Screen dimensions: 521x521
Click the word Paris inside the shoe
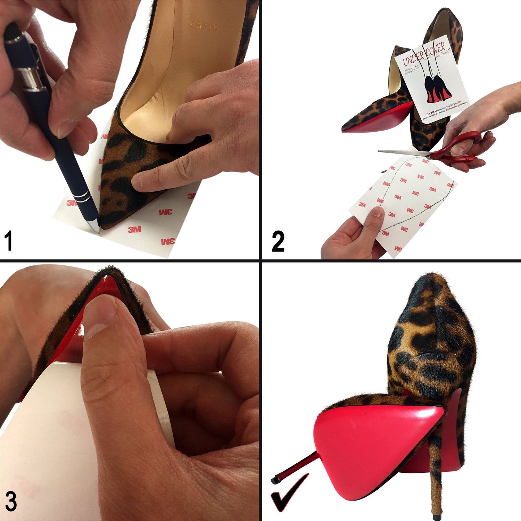[204, 25]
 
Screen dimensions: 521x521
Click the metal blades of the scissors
[403, 152]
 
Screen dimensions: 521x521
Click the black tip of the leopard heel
[435, 512]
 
